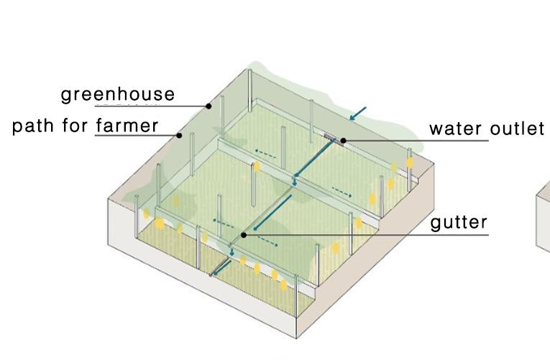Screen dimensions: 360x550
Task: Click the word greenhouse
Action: pos(117,94)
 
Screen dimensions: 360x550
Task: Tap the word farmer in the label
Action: pos(127,126)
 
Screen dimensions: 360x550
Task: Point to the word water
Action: pos(455,129)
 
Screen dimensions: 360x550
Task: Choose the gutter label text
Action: pos(459,222)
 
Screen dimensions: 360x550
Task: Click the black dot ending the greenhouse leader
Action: pos(208,106)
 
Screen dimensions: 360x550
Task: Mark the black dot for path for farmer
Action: pos(179,134)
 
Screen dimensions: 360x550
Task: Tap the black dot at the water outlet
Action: pos(343,140)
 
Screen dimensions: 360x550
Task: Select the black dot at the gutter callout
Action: pos(244,234)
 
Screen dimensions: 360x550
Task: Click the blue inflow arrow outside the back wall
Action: pos(357,113)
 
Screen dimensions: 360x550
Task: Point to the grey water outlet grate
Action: pos(331,136)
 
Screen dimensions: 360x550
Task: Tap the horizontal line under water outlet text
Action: pos(446,140)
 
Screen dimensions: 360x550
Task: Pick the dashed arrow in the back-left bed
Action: pos(265,152)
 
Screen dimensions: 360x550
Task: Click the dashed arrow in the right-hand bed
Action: pos(341,190)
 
